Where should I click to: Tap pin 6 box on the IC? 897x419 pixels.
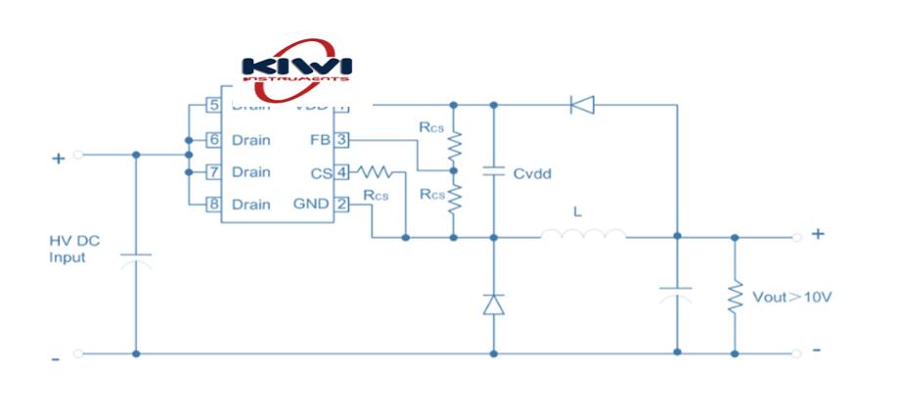212,139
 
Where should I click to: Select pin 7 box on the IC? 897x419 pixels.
212,171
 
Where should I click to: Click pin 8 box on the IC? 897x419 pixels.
212,204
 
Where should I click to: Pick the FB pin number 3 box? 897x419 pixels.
341,139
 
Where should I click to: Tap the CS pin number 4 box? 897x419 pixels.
341,171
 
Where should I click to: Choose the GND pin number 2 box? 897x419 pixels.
341,204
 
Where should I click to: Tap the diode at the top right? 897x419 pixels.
582,104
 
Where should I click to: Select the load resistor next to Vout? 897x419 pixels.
735,294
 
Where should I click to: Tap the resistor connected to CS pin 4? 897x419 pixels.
378,172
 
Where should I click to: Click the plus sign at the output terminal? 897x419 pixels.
818,233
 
